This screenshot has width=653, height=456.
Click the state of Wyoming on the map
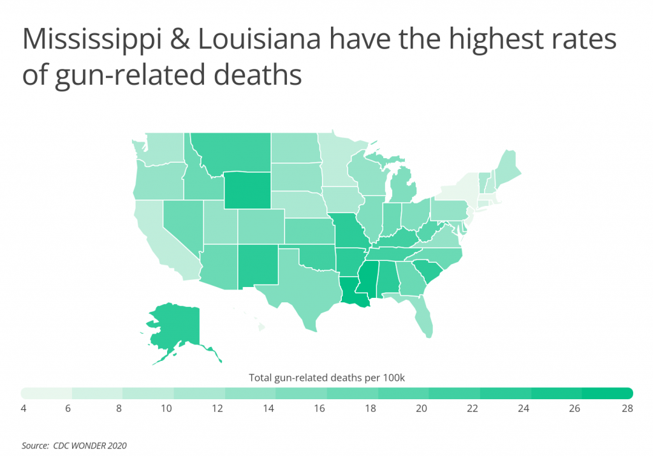click(247, 190)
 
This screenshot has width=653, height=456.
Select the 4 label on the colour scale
click(24, 409)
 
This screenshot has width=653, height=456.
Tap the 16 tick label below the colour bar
click(319, 409)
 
